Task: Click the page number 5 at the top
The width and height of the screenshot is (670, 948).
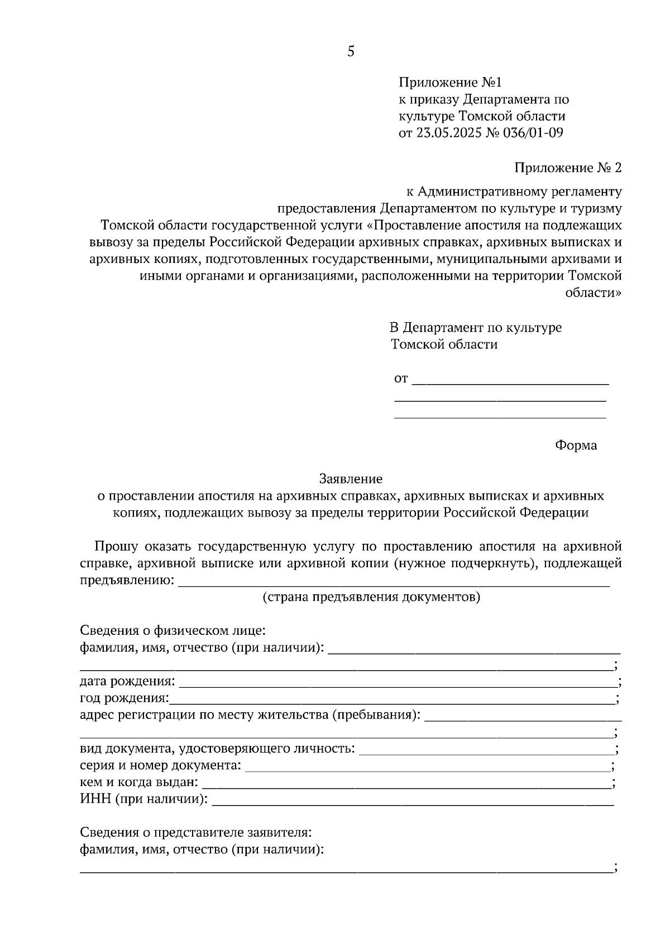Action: (x=351, y=52)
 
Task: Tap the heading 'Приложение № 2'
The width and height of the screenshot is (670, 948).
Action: (x=567, y=168)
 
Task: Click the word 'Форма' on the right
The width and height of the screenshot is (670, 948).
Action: (x=576, y=446)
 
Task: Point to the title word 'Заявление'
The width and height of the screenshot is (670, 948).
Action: (x=351, y=478)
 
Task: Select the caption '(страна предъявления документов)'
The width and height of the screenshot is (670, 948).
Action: (x=371, y=597)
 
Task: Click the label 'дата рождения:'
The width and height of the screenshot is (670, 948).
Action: (x=127, y=682)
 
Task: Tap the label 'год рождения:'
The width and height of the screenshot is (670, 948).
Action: (x=124, y=698)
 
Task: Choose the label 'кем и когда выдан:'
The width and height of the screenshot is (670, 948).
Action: (x=138, y=783)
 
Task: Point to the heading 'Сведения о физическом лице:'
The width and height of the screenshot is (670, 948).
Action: (x=172, y=631)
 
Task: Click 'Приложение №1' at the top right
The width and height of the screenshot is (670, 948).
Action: (x=450, y=83)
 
